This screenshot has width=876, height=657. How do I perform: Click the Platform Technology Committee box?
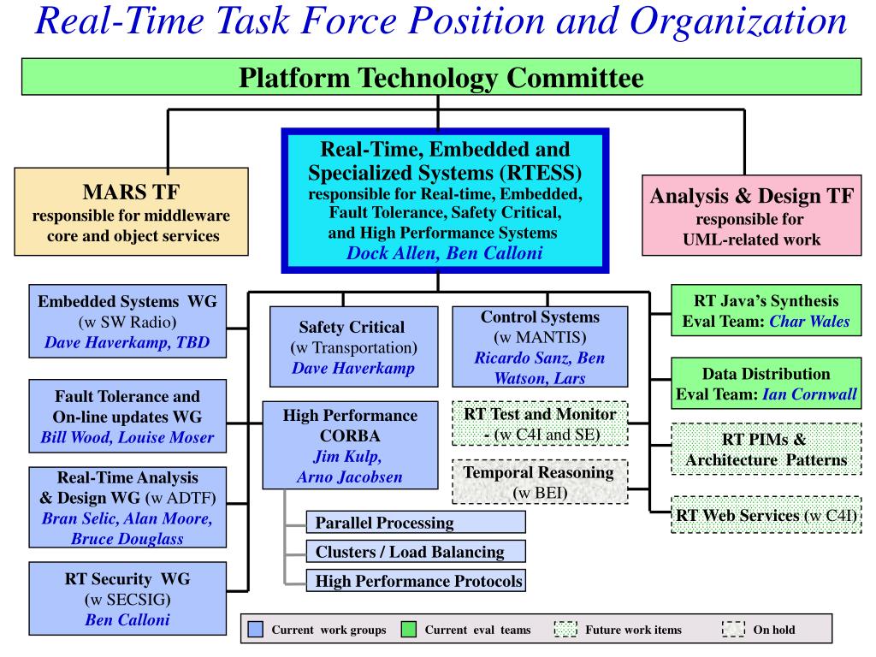441,77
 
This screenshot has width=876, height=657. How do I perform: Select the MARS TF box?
131,212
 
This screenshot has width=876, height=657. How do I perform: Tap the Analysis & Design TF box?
751,216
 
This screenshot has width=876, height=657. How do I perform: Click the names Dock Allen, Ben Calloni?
445,253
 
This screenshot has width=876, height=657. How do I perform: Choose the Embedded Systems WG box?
127,322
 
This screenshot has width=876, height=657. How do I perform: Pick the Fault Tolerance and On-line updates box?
127,417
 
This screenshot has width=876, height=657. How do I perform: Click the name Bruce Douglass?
127,539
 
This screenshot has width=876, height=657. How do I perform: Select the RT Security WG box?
127,599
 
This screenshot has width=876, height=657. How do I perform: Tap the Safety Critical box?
353,347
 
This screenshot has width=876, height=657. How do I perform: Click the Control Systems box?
540,347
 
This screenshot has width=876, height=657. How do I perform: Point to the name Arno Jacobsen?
350,477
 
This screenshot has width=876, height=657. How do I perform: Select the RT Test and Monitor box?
540,423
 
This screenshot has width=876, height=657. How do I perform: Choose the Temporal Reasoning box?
540,482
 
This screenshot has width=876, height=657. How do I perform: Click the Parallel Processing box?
416,523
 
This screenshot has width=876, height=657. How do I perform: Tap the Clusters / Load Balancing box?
416,552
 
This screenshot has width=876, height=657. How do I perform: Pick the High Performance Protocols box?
416,581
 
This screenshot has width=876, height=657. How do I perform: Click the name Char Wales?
809,322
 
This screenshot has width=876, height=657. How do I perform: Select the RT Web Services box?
766,514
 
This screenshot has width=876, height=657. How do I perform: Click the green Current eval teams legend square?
409,630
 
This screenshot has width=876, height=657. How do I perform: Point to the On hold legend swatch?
733,630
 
